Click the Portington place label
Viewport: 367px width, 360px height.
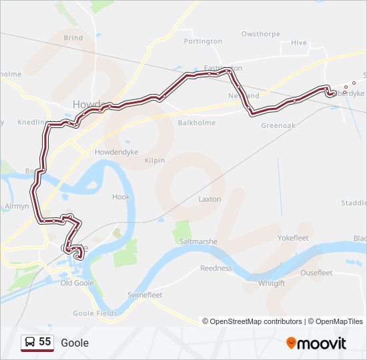(x=203, y=41)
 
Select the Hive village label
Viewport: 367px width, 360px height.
(x=299, y=43)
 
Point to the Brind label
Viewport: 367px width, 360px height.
(x=73, y=38)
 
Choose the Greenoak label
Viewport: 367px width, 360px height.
(x=277, y=125)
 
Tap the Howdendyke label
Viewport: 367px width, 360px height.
(x=116, y=152)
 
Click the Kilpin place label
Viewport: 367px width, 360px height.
(x=154, y=161)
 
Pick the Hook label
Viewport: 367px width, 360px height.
(x=121, y=197)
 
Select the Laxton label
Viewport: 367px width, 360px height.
(x=210, y=199)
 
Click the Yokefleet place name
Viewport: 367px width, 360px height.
(x=293, y=237)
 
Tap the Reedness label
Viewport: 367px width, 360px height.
(x=216, y=268)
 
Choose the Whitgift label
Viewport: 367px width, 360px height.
(x=272, y=283)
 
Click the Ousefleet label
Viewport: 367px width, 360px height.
(x=316, y=273)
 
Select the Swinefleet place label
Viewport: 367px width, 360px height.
(x=145, y=295)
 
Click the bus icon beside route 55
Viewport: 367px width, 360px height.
(x=30, y=342)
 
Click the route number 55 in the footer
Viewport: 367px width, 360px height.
(x=45, y=342)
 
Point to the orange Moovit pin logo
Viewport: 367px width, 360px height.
(x=291, y=343)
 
